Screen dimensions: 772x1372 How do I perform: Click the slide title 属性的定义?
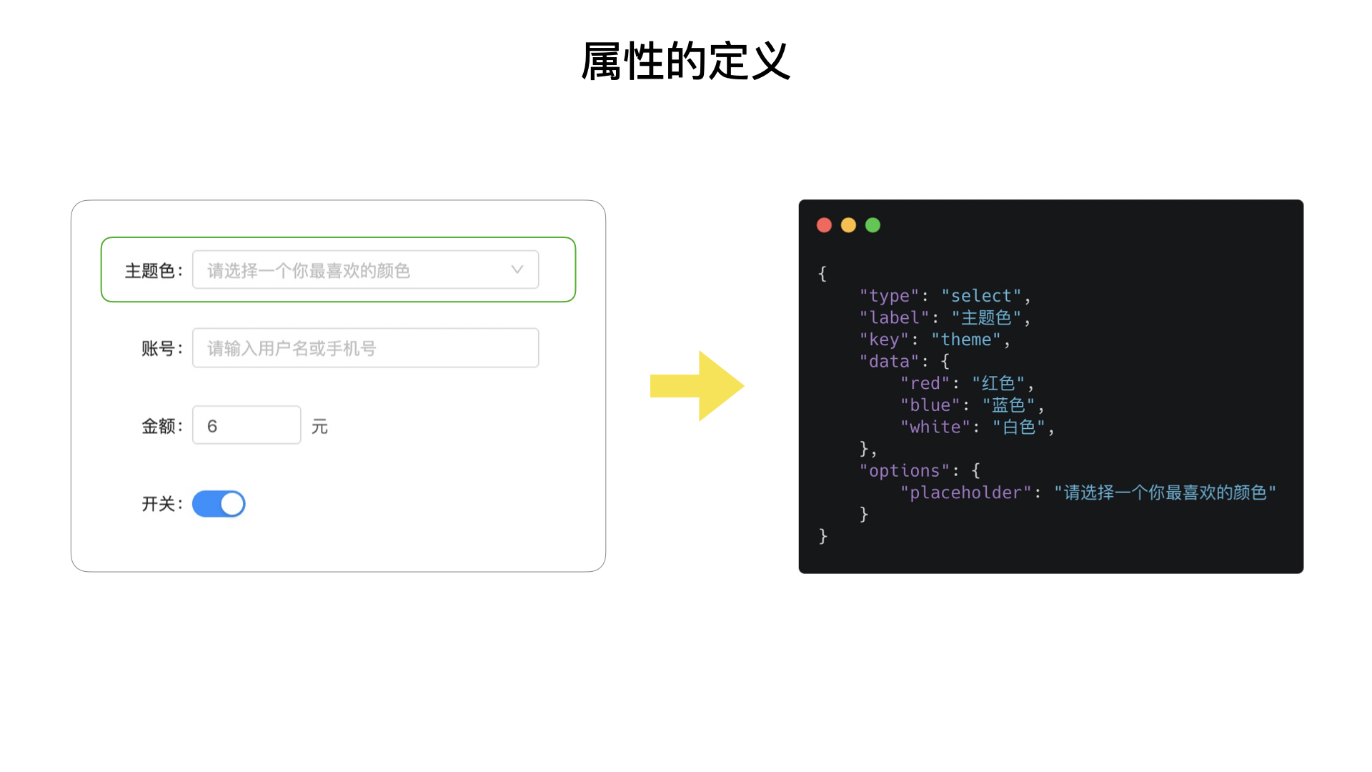(685, 61)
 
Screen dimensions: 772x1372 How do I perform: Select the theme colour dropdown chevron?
(517, 269)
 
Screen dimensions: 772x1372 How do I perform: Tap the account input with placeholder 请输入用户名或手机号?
(365, 348)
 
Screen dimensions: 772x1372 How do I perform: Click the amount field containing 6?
(247, 426)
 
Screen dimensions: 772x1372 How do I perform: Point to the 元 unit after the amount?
(319, 427)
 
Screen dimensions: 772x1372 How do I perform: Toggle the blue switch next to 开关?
(219, 504)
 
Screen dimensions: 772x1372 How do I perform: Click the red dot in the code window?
(824, 225)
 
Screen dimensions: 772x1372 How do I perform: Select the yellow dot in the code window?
(848, 225)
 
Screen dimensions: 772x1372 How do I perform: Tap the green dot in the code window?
(873, 225)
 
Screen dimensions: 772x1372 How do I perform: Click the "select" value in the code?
(981, 296)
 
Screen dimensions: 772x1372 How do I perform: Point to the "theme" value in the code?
(965, 340)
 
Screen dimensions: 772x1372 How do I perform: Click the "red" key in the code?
(925, 383)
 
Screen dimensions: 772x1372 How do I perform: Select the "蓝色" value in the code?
(1008, 405)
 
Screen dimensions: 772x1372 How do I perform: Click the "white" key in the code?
(935, 427)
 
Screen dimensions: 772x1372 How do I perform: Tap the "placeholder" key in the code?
(965, 493)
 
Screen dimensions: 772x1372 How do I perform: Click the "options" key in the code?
(904, 470)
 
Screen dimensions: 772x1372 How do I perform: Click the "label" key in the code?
(894, 317)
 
